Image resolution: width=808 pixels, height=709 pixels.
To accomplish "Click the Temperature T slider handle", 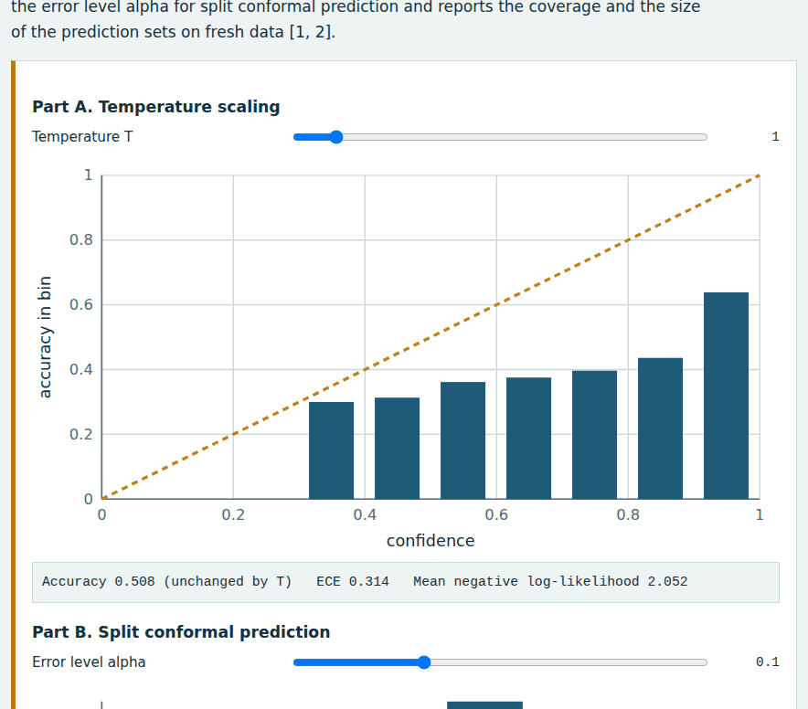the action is click(336, 137).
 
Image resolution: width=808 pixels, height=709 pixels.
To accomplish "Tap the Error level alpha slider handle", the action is click(423, 662).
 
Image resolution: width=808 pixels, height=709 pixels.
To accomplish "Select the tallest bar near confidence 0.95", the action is click(726, 396).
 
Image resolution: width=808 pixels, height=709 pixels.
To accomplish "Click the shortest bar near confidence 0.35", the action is click(332, 450).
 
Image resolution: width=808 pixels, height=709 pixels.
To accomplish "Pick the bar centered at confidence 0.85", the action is click(660, 429).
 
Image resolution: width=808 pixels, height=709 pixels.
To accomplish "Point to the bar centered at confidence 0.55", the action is click(462, 440).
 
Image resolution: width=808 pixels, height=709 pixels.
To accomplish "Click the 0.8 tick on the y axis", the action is click(81, 239).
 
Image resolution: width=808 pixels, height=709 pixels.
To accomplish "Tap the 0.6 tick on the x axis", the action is click(496, 514).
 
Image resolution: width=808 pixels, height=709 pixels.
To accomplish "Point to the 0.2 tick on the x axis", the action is click(233, 514).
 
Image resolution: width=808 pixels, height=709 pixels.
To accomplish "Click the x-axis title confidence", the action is click(431, 541).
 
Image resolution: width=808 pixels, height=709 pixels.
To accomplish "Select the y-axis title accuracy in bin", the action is click(45, 337).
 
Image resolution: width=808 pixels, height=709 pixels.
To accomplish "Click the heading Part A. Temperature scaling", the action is click(156, 107).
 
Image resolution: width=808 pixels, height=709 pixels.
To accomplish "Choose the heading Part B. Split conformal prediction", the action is click(181, 631).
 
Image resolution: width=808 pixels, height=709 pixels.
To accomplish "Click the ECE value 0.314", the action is click(368, 582).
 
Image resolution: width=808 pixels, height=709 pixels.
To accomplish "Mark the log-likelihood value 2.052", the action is click(667, 582).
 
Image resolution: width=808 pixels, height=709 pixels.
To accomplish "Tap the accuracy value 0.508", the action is click(134, 582).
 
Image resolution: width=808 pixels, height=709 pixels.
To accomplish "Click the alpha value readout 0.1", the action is click(767, 662).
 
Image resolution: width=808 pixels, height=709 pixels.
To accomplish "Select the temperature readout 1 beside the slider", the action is click(775, 136).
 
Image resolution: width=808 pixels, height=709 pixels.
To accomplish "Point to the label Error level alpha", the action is click(89, 662).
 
